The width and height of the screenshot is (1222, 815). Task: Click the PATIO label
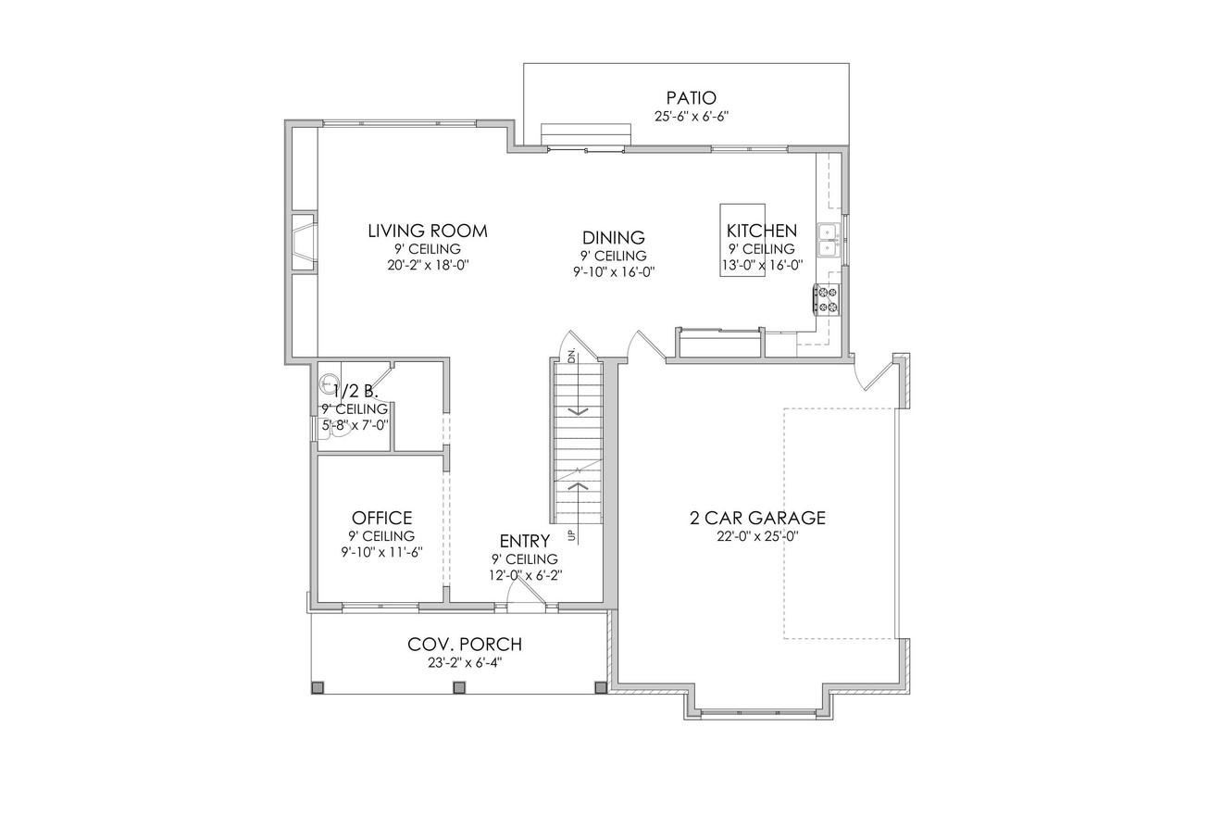[x=691, y=98]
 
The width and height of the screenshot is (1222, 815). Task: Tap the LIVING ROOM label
[x=427, y=231]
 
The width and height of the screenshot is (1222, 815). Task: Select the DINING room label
[x=613, y=238]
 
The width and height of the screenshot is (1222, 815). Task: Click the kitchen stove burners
[x=826, y=299]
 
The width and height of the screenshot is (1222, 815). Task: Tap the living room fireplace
[x=303, y=242]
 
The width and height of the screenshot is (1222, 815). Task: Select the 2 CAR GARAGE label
[x=757, y=518]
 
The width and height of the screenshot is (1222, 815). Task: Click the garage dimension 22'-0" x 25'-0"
[x=757, y=536]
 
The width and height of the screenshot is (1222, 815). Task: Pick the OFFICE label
[x=381, y=518]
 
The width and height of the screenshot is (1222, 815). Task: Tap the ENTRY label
[x=524, y=541]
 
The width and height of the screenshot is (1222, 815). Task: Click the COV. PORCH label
[x=465, y=645]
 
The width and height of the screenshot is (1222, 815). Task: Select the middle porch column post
[x=457, y=687]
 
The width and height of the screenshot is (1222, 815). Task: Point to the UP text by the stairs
[x=572, y=534]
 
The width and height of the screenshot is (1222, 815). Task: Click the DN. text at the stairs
[x=572, y=355]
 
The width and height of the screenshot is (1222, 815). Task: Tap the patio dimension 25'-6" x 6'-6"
[x=691, y=117]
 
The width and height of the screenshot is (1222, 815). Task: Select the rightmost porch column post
[x=600, y=687]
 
